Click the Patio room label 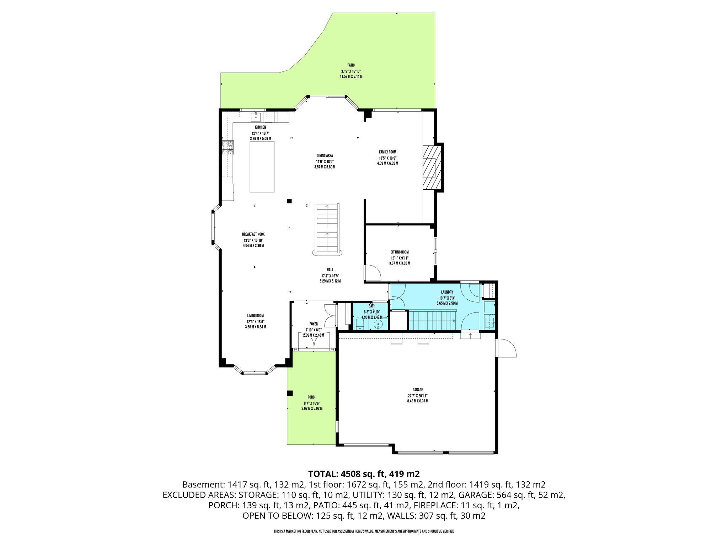351,65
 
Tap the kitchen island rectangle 262,167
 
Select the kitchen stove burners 228,148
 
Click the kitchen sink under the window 256,116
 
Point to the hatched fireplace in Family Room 432,167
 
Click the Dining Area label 325,155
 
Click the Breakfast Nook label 253,234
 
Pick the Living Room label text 256,315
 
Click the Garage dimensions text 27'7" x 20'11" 418,396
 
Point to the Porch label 312,397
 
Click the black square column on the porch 290,393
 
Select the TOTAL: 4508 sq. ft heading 364,473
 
